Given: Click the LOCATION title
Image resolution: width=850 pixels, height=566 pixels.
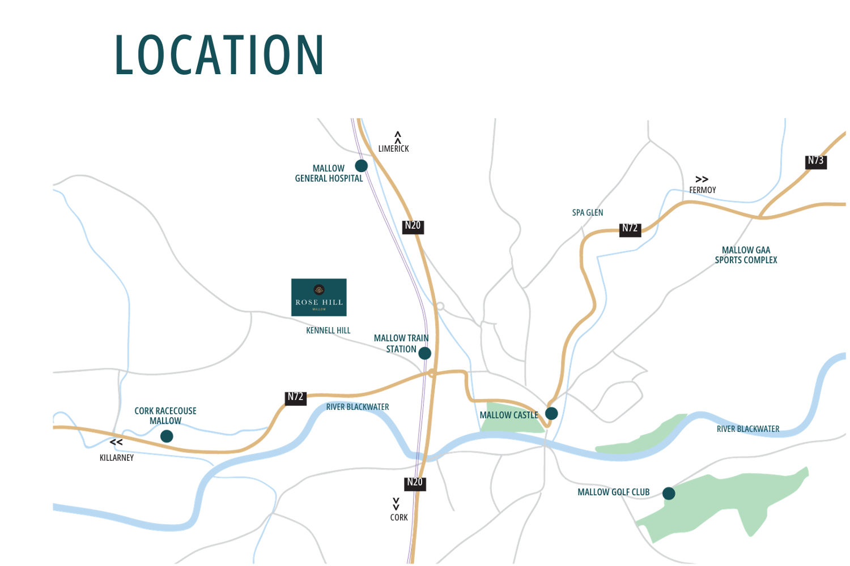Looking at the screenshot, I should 219,55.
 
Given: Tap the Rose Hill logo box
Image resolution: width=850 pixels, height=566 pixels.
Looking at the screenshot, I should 319,297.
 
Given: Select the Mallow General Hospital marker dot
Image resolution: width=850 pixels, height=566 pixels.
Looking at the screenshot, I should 361,166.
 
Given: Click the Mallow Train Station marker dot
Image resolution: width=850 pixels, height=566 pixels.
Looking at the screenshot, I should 424,353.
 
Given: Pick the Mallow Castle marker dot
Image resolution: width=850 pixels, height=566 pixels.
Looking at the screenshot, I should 551,413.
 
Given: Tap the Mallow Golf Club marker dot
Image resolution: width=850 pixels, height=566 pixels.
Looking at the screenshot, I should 669,494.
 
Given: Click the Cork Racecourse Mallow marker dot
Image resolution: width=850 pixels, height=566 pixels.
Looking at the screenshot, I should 167,436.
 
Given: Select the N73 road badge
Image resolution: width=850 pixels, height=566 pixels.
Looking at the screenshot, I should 816,161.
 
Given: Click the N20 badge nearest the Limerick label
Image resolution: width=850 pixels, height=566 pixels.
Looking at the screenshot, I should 413,226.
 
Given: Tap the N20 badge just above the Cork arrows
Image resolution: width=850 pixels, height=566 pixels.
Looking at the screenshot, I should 415,483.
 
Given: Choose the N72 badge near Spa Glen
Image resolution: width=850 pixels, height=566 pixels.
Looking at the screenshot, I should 630,229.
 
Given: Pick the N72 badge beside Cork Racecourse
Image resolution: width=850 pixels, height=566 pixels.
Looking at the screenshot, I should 295,397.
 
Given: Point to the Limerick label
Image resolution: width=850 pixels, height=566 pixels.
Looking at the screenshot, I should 393,149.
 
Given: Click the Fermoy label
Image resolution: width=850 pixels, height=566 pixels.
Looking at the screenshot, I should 703,190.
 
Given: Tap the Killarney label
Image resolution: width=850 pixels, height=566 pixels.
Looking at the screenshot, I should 117,458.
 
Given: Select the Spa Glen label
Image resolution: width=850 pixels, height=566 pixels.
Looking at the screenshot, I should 588,213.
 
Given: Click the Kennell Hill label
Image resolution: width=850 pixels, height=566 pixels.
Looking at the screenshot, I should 328,331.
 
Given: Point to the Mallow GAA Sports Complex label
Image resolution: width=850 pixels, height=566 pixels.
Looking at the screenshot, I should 746,255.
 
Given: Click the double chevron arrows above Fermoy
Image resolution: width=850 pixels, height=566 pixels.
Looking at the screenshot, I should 702,179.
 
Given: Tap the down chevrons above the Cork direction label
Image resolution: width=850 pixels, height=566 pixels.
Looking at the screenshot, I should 396,503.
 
